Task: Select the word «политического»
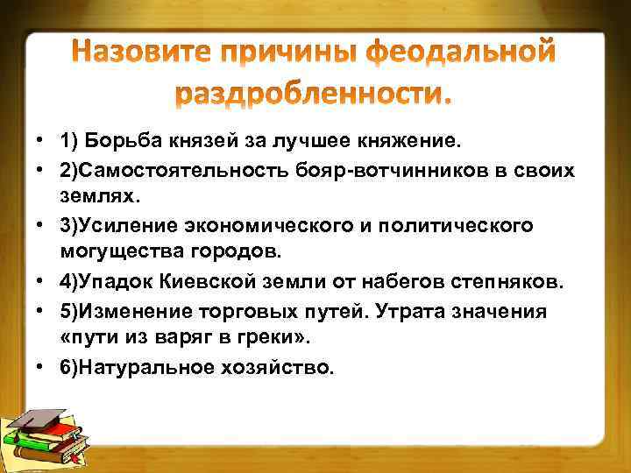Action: click(460, 226)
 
